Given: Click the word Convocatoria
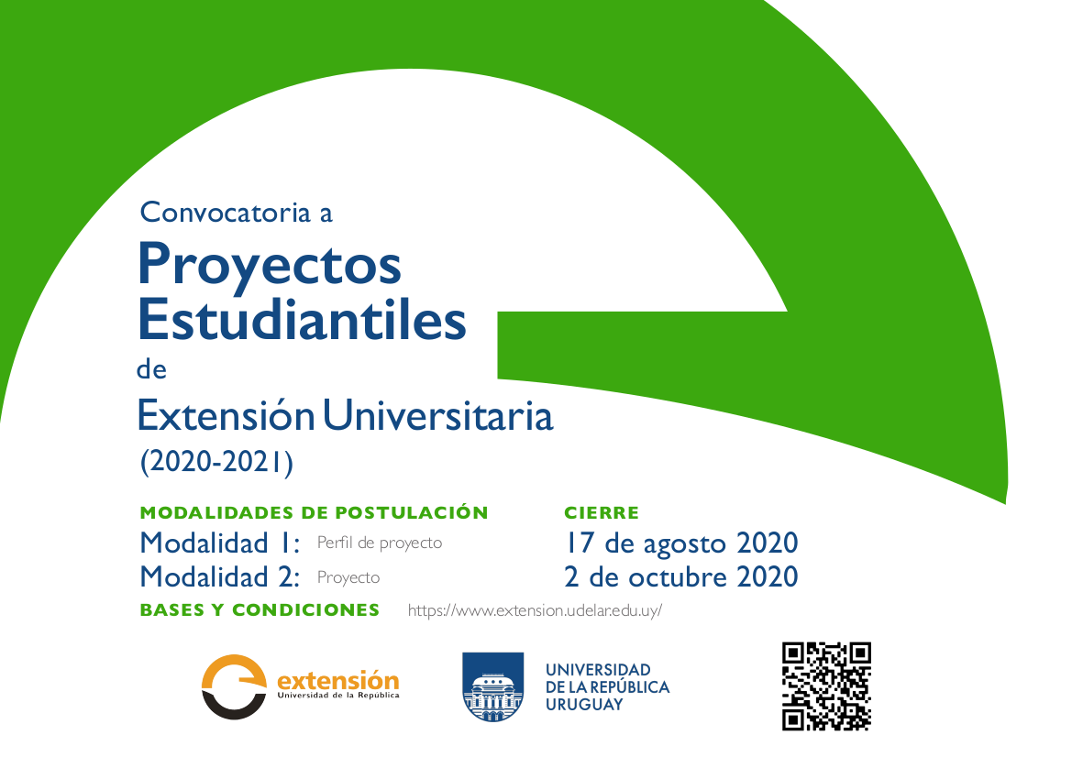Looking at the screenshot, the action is click(x=226, y=213).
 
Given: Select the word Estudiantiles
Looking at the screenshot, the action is click(x=302, y=319).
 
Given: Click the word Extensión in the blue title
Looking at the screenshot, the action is click(x=226, y=415).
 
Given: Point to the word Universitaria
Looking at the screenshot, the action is click(x=438, y=415).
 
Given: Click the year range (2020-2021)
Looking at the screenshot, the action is click(x=216, y=462).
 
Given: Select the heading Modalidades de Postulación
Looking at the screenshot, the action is click(x=314, y=512).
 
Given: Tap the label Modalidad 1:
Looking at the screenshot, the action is click(x=219, y=543).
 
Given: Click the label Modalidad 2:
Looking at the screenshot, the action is click(x=219, y=577).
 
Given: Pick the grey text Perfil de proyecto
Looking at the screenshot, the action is click(x=380, y=543).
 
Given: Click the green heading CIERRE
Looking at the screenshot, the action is click(x=602, y=512).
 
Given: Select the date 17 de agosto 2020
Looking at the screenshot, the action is click(x=681, y=543).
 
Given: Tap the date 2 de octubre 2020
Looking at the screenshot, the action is click(x=681, y=577).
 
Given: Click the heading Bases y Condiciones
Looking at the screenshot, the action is click(x=260, y=610).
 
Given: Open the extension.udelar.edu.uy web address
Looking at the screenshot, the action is click(x=535, y=610).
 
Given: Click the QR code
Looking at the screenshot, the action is click(x=826, y=686).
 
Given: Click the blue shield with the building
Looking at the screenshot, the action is click(x=493, y=687).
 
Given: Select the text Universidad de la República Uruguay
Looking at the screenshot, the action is click(x=607, y=687).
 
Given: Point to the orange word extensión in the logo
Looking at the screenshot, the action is click(x=337, y=681).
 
